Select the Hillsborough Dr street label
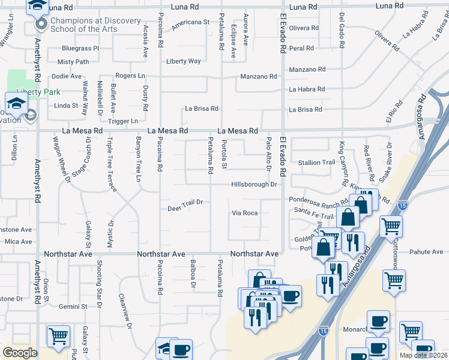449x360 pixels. [254, 184]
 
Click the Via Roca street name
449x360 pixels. [245, 213]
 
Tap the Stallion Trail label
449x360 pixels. [316, 163]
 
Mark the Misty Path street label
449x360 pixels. [73, 62]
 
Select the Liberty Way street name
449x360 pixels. [183, 61]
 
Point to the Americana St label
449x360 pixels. [189, 21]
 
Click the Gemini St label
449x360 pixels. [73, 307]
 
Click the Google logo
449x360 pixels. [20, 353]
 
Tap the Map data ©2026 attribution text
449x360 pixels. [424, 355]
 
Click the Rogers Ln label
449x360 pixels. [130, 76]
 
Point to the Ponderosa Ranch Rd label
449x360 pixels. [318, 199]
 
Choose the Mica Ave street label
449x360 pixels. [18, 242]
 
